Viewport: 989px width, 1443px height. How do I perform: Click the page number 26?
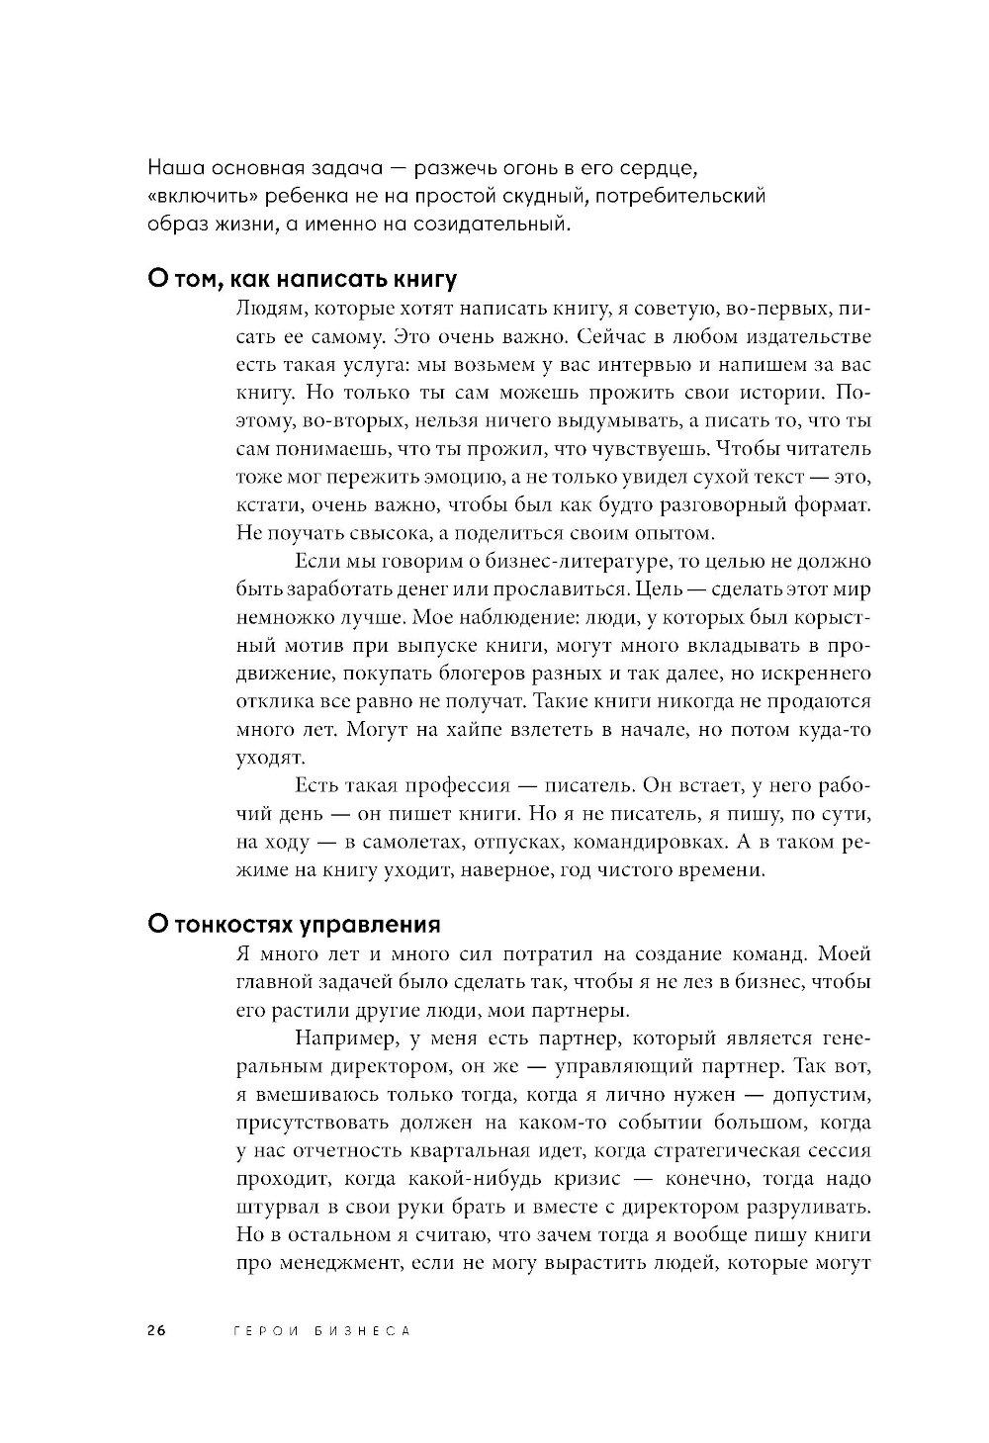(x=156, y=1330)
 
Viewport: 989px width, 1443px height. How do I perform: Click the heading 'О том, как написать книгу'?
(x=302, y=280)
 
